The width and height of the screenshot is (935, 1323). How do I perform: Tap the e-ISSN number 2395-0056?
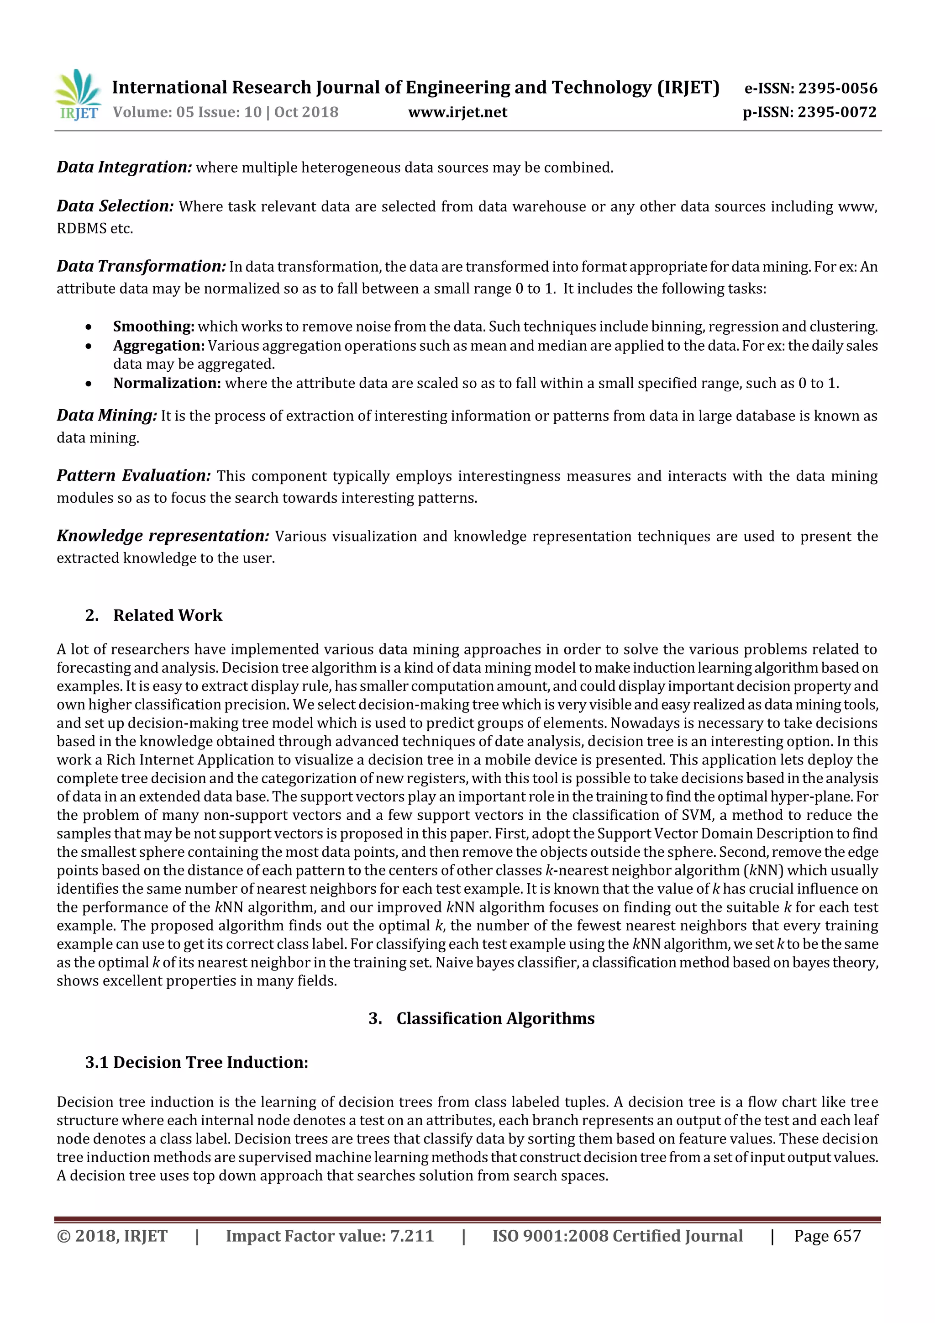[838, 88]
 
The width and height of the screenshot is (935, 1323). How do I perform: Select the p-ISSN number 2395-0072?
[836, 112]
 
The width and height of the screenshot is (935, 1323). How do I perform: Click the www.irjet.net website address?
[457, 112]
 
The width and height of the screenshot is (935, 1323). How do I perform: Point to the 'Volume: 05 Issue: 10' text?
[187, 112]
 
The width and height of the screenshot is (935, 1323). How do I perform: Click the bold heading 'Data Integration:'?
[124, 167]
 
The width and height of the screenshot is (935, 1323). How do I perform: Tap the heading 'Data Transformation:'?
[141, 266]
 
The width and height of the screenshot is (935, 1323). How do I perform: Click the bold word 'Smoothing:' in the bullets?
[153, 327]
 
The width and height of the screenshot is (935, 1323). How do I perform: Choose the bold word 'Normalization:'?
[167, 383]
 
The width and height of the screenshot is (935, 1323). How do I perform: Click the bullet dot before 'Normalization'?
[88, 384]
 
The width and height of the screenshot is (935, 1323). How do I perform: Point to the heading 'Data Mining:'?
[106, 416]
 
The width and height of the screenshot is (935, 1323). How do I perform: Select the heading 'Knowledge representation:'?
[163, 536]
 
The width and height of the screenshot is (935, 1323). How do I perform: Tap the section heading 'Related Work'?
[167, 616]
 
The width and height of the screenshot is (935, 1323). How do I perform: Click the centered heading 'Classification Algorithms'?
[495, 1018]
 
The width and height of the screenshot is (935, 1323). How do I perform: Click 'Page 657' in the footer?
[827, 1236]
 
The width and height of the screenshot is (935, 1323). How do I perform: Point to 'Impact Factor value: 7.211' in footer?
[330, 1236]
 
